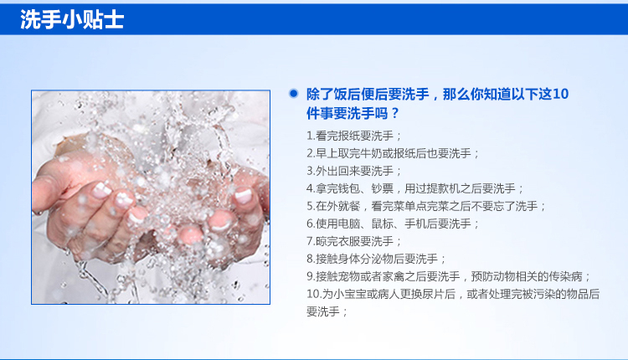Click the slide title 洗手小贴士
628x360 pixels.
(x=72, y=19)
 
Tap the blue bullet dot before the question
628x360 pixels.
(x=294, y=94)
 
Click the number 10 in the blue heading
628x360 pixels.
(x=560, y=94)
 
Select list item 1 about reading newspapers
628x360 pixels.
(x=354, y=136)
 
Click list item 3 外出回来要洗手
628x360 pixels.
(x=354, y=171)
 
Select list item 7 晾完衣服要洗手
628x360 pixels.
(x=354, y=241)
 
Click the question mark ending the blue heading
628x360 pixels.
(x=395, y=113)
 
